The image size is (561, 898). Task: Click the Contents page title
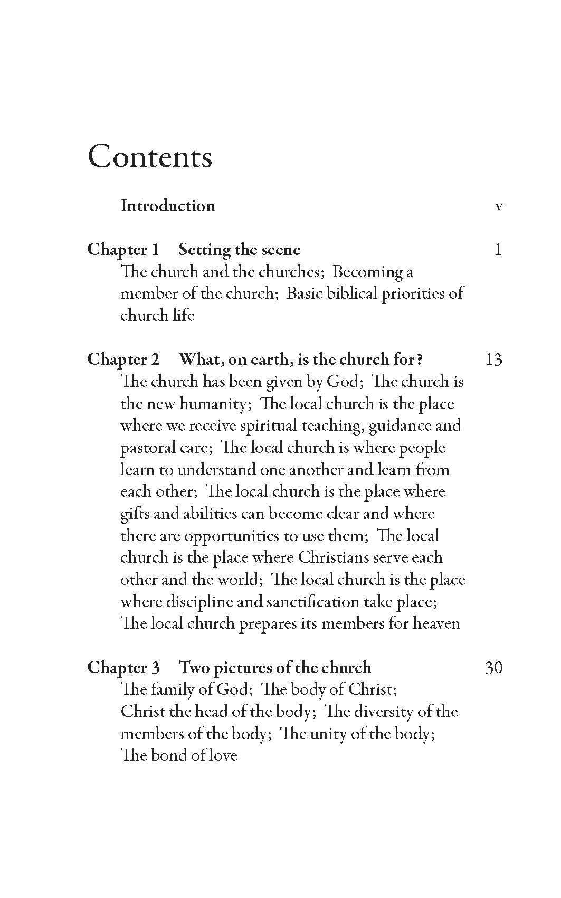(x=150, y=156)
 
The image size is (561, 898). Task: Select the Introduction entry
(x=168, y=205)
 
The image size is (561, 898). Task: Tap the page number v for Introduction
(x=499, y=206)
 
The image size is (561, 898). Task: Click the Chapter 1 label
(x=123, y=249)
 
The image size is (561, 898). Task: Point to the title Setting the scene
(x=240, y=249)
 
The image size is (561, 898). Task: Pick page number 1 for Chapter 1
(x=498, y=249)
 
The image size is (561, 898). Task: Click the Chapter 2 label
(x=123, y=359)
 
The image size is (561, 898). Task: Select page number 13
(x=493, y=360)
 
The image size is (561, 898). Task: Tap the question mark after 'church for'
(x=420, y=360)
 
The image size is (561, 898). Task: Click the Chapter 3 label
(x=123, y=667)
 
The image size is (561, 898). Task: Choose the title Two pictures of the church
(x=275, y=667)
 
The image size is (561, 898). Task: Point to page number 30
(x=493, y=668)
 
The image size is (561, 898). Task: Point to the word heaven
(x=436, y=623)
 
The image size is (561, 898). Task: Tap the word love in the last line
(x=223, y=755)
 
